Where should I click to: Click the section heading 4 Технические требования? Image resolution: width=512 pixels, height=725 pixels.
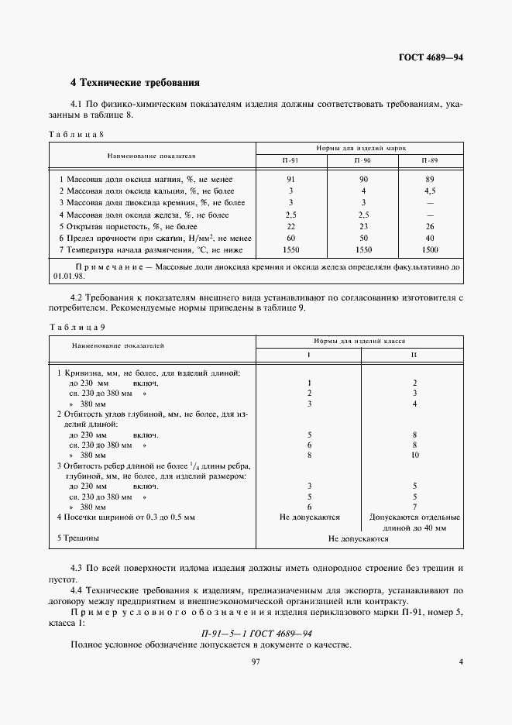coord(136,81)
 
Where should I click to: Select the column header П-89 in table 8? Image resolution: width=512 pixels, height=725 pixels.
coord(430,160)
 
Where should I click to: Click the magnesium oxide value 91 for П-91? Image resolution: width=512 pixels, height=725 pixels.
coord(291,179)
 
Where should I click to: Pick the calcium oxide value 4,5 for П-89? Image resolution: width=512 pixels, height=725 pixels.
coord(430,191)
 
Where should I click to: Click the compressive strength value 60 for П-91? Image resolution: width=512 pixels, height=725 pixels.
coord(291,238)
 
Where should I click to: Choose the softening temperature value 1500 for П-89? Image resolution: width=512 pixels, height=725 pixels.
coord(430,249)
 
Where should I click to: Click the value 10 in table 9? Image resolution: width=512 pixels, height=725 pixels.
coord(415,455)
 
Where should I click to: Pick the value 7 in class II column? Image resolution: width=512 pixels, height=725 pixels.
coord(415,507)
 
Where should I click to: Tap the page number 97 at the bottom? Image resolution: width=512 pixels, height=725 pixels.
coord(255,661)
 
